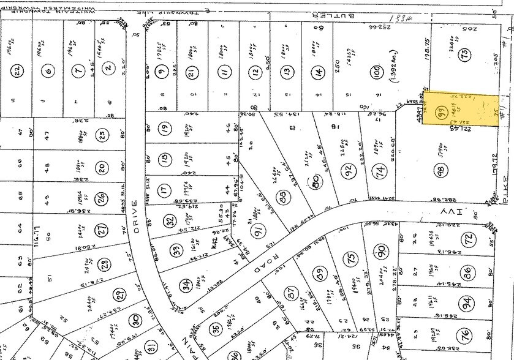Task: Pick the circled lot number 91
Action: click(259, 231)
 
